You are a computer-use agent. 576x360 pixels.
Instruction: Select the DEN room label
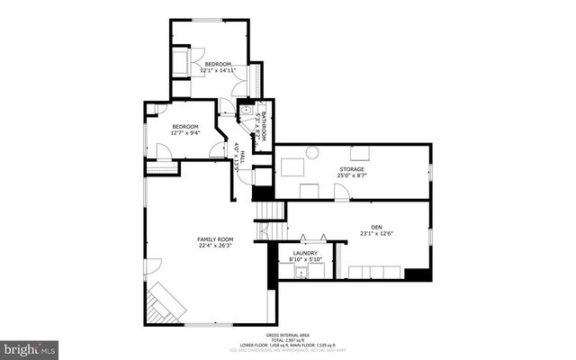[376, 227]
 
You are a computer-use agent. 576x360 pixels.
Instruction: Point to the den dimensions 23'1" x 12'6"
[376, 233]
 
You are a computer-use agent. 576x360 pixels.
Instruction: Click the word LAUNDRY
[305, 254]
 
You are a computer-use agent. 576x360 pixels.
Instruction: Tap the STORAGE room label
[352, 169]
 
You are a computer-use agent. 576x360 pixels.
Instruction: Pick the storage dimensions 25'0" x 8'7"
[352, 175]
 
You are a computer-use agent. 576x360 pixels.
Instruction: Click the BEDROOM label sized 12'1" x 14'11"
[218, 64]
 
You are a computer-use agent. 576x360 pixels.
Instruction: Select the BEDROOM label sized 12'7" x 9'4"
[184, 127]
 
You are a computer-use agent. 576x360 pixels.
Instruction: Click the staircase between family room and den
[268, 211]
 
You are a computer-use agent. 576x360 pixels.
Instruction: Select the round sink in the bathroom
[244, 111]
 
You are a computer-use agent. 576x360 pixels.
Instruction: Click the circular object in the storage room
[312, 152]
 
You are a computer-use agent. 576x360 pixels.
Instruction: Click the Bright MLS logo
[30, 346]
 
